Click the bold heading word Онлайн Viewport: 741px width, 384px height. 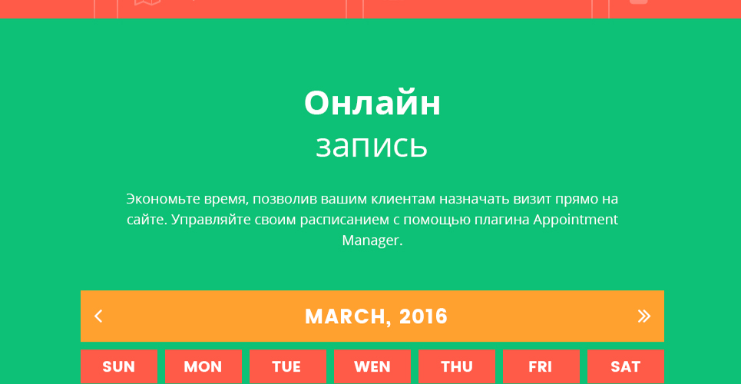(372, 104)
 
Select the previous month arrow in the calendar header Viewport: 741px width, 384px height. (98, 316)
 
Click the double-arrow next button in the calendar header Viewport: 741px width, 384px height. (643, 316)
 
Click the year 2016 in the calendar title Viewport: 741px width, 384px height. (423, 316)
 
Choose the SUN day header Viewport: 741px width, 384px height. (118, 366)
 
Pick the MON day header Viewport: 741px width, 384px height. (203, 366)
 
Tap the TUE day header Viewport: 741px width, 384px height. (288, 366)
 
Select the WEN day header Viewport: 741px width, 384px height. (372, 366)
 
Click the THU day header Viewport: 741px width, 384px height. (457, 366)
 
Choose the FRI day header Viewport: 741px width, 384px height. (541, 366)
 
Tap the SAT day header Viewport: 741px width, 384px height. (626, 366)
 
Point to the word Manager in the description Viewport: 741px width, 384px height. (372, 240)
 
